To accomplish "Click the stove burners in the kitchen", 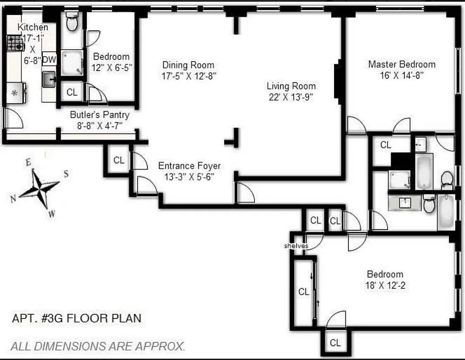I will (x=15, y=43).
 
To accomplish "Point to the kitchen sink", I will (x=49, y=80).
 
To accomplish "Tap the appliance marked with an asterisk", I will (x=15, y=94).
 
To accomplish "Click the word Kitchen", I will (x=32, y=27).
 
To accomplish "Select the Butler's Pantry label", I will (x=99, y=115).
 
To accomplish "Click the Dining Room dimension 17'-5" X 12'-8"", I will (x=189, y=76).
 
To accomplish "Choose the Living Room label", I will (x=291, y=86).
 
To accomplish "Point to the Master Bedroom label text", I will (x=402, y=64).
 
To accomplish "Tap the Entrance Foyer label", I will (x=189, y=166).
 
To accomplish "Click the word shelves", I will (x=296, y=246).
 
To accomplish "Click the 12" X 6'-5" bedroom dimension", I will (x=111, y=67).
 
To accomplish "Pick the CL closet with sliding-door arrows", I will (x=304, y=292).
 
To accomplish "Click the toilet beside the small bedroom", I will (x=72, y=21).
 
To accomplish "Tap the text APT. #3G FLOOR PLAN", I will (x=76, y=319).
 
